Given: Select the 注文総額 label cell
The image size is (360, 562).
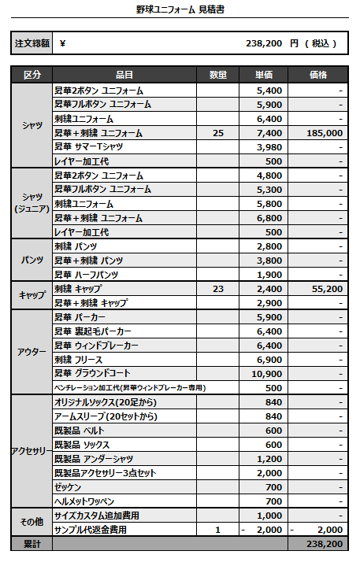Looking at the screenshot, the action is tap(31, 43).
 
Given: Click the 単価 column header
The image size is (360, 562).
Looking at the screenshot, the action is tap(264, 75).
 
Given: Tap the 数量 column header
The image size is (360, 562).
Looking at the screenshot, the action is tap(218, 75).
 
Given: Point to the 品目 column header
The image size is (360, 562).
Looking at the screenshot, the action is tap(124, 75).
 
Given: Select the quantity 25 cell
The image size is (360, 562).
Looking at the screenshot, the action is tap(218, 133).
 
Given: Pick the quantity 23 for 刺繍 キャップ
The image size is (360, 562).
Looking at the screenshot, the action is tap(218, 289).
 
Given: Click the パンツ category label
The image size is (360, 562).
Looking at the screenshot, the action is tap(32, 261).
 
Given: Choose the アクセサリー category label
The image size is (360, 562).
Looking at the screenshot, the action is tap(32, 451).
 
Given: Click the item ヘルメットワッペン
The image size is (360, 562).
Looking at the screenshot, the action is tap(85, 501).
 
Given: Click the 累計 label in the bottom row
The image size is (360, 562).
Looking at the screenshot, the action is tap(32, 544).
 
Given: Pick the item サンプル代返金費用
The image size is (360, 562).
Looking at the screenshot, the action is tap(94, 530).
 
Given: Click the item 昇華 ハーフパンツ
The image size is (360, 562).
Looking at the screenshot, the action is tap(87, 275).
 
